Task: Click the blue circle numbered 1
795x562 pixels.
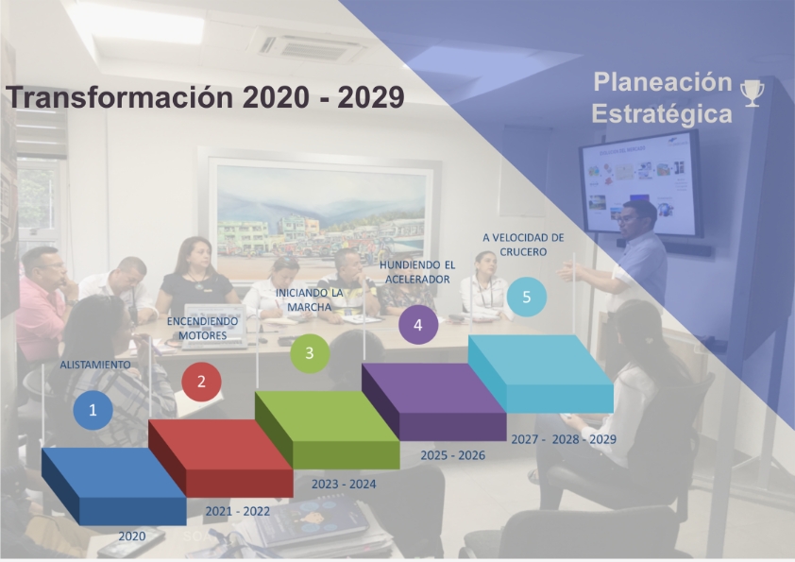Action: (93, 410)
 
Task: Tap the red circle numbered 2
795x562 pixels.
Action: (201, 382)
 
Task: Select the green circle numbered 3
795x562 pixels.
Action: (310, 353)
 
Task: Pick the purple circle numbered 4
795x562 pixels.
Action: (418, 325)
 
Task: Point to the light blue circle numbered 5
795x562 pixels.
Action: (527, 297)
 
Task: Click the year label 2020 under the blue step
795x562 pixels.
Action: (132, 536)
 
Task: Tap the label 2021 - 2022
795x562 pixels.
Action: (237, 511)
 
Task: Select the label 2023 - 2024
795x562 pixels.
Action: (344, 484)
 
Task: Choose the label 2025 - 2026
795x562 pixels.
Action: (453, 455)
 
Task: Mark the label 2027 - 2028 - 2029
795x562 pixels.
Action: (564, 439)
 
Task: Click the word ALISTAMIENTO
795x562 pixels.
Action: (95, 365)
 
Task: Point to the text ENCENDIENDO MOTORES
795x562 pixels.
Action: (202, 328)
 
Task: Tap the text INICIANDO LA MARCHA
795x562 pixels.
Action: (310, 299)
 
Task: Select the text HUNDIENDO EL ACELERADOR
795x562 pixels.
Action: (417, 272)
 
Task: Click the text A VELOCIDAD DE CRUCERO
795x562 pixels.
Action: (523, 245)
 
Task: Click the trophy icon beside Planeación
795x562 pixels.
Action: (752, 93)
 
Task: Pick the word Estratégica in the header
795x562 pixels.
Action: (662, 113)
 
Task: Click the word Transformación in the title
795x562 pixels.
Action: (120, 97)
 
